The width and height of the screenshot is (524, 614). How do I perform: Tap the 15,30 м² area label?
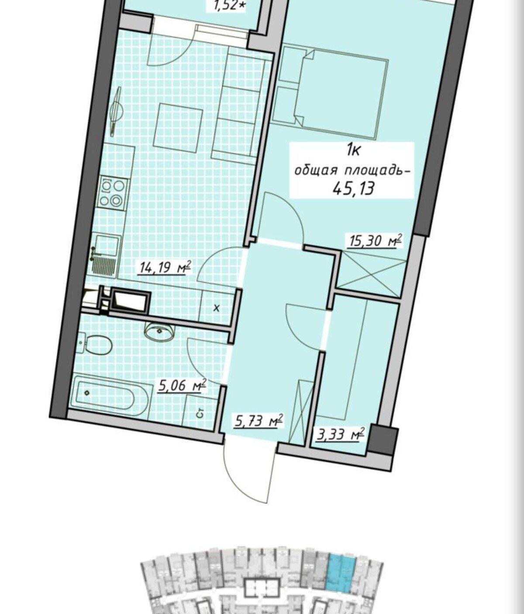pos(373,241)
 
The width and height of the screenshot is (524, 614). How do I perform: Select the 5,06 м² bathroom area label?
pos(182,386)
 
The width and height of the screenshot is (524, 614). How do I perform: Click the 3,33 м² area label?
pos(339,435)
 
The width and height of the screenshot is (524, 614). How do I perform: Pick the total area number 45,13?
pos(353,188)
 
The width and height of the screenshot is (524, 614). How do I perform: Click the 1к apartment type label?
pos(353,150)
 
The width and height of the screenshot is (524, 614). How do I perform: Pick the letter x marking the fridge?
pos(217,308)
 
